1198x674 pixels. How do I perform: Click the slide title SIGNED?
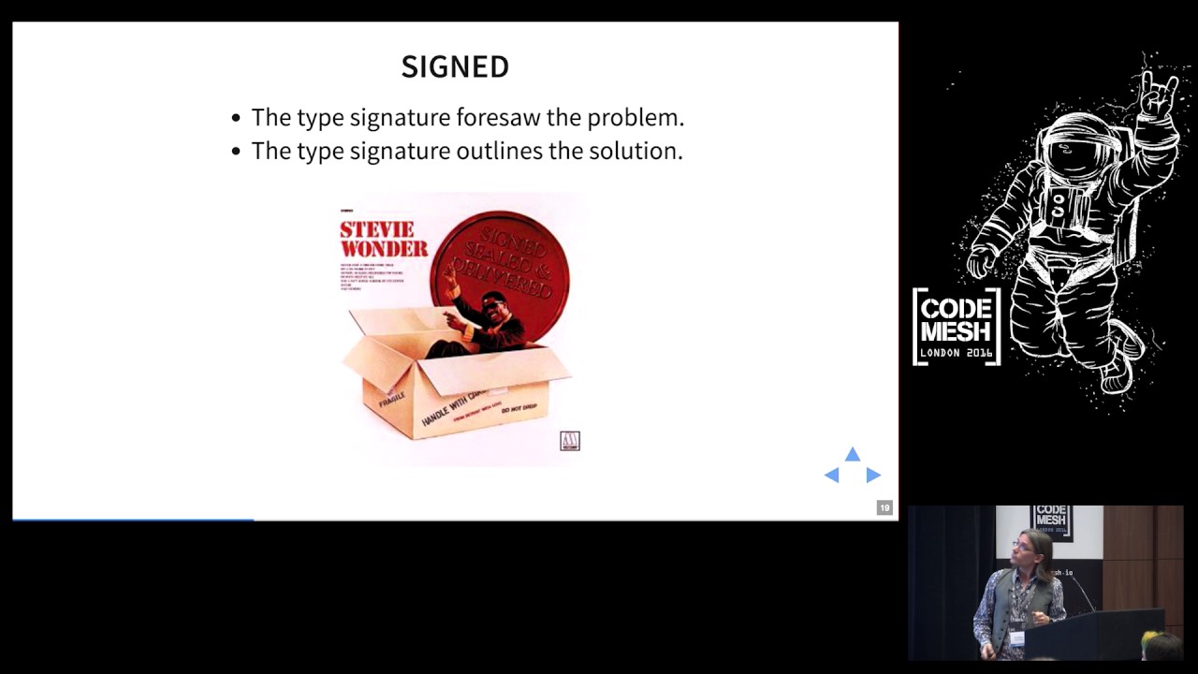pyautogui.click(x=455, y=66)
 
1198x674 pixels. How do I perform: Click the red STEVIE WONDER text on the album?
pyautogui.click(x=383, y=239)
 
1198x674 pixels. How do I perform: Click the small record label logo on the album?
pyautogui.click(x=570, y=440)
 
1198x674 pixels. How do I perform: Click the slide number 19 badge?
pyautogui.click(x=884, y=507)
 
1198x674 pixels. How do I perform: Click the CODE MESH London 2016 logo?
pyautogui.click(x=957, y=326)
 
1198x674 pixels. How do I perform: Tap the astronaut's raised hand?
pyautogui.click(x=1157, y=94)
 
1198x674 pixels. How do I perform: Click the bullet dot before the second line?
pyautogui.click(x=236, y=152)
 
